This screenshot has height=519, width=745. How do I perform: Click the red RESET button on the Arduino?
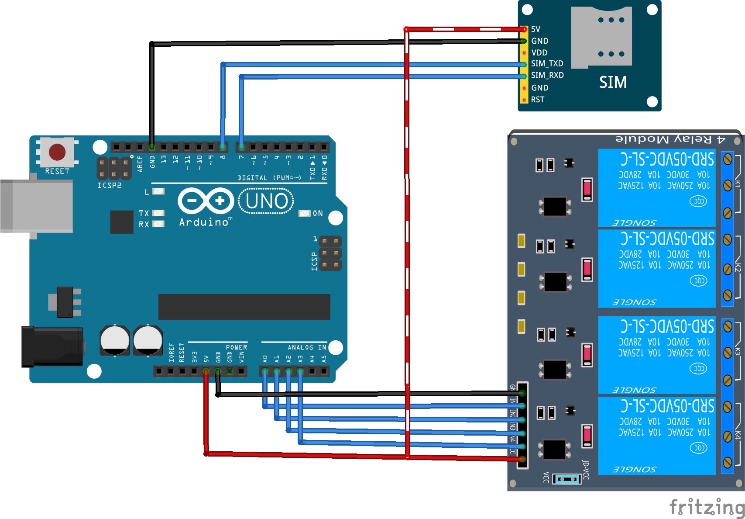[x=57, y=152]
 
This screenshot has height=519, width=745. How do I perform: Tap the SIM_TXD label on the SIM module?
[x=547, y=64]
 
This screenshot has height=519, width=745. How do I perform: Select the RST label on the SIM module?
[x=538, y=100]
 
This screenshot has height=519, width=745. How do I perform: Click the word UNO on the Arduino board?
[x=266, y=201]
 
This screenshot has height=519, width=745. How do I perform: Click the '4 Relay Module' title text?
[x=670, y=139]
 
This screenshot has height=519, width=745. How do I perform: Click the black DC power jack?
[x=52, y=346]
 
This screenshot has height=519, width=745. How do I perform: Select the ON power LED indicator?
[x=305, y=213]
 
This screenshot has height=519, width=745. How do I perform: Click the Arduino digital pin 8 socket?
[x=223, y=147]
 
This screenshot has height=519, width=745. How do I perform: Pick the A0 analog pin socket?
[x=265, y=372]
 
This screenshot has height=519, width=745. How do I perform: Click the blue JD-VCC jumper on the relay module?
[x=566, y=479]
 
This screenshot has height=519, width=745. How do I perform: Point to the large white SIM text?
[x=613, y=82]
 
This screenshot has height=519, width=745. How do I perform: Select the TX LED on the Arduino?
[x=158, y=213]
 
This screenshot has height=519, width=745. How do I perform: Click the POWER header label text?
[x=236, y=347]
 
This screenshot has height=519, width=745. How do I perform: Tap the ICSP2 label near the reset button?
[x=109, y=185]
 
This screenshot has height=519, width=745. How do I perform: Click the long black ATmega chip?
[x=244, y=307]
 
